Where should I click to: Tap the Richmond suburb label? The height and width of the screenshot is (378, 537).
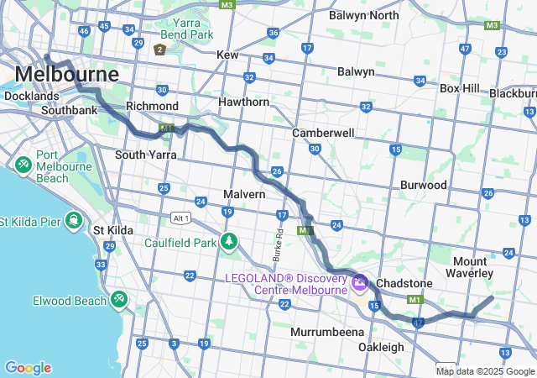152,106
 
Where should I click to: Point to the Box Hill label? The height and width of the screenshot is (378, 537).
459,87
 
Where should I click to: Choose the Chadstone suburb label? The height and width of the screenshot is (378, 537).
403,283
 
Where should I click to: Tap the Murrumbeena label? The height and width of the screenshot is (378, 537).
326,332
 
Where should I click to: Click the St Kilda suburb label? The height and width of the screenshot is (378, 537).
113,229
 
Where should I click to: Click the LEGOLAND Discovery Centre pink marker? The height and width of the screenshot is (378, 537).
359,282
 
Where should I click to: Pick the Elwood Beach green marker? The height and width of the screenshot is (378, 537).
118,299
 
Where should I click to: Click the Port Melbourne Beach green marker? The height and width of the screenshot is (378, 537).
23,163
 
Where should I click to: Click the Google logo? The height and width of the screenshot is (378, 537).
28,368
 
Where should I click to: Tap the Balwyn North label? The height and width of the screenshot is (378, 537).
363,15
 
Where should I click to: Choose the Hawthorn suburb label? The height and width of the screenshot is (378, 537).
243,102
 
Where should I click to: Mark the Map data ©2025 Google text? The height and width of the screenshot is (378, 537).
485,371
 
